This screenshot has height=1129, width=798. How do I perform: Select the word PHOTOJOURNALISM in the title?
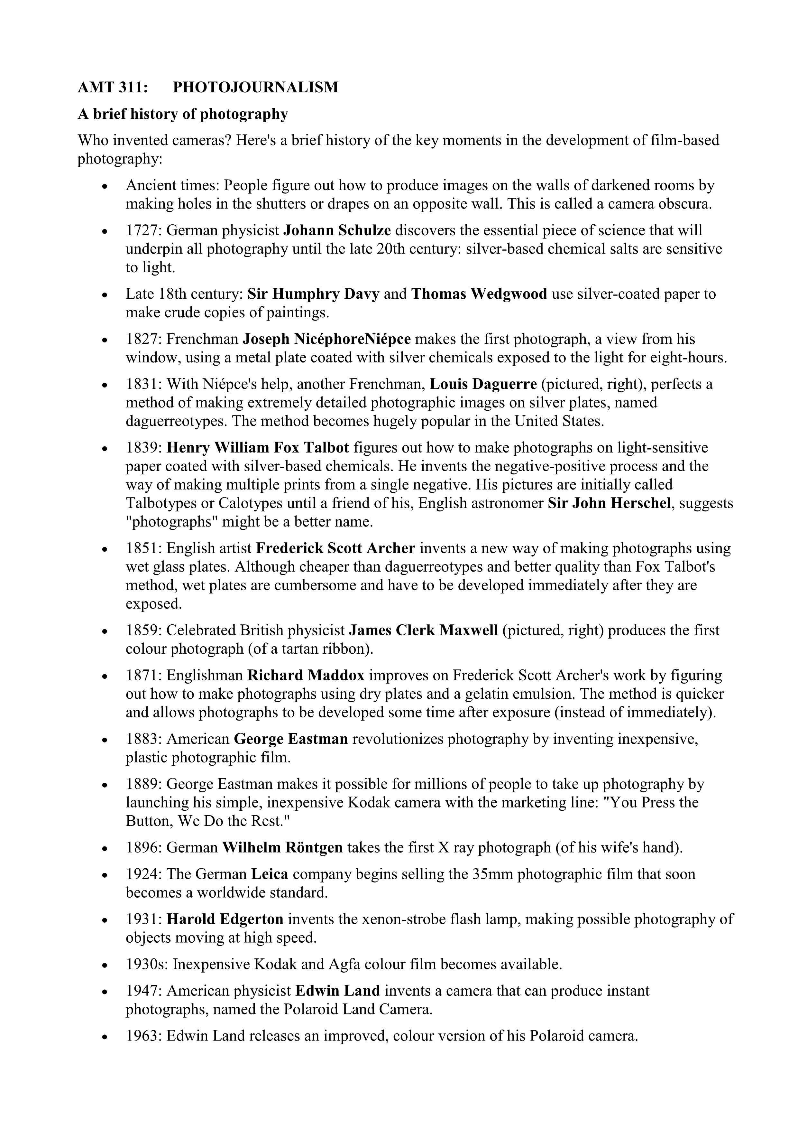[255, 87]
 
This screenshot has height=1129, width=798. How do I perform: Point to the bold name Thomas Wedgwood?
[479, 294]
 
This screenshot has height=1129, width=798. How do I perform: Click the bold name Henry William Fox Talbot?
[258, 448]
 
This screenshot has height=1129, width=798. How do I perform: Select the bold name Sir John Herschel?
[609, 504]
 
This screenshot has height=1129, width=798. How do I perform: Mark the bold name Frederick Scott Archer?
[335, 548]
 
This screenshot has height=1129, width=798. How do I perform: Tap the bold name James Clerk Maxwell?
[424, 630]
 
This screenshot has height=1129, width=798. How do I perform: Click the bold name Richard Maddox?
[306, 676]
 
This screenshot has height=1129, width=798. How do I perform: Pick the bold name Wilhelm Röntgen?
[282, 848]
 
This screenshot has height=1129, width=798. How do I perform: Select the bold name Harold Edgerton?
[225, 919]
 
